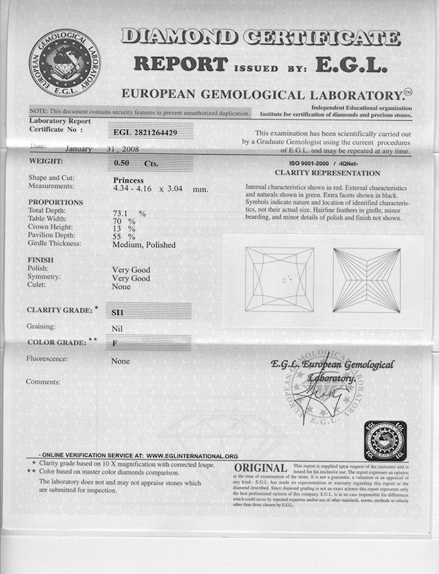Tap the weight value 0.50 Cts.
point(135,164)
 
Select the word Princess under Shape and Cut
point(128,180)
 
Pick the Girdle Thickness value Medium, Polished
point(144,244)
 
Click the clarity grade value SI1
point(122,313)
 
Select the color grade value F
point(116,343)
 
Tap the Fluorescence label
point(47,359)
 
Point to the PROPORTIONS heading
point(55,203)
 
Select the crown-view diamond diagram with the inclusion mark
point(279,280)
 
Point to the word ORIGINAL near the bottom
point(260,469)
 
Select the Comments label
point(43,382)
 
